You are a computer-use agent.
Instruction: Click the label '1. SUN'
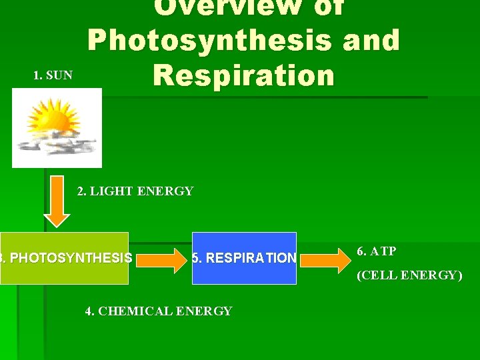53,75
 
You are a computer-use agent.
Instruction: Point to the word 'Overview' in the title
220,7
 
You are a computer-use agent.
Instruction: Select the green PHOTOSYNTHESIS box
64,257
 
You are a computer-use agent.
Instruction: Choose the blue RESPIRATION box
244,258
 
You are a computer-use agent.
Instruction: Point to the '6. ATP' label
377,251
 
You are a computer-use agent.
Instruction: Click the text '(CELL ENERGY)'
409,275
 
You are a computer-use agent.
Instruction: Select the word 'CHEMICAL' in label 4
133,311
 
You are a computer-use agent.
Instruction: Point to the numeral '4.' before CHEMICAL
91,311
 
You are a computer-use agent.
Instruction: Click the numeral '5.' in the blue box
197,258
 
